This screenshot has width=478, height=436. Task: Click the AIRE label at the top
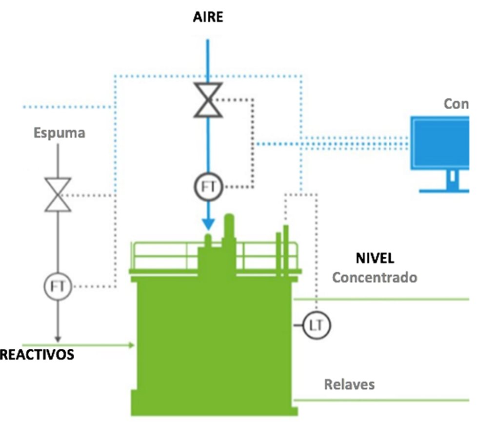click(207, 18)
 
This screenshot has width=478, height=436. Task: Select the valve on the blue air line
click(208, 100)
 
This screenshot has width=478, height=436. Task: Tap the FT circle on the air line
click(208, 187)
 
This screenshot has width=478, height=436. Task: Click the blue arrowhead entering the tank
click(208, 224)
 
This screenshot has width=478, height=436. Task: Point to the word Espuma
click(60, 133)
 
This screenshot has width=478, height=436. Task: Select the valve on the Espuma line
click(58, 195)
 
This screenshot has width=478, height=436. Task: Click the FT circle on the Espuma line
click(58, 285)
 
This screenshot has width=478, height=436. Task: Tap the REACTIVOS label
click(37, 355)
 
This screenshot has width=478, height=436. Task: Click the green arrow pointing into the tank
click(130, 345)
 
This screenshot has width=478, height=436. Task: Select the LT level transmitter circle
click(317, 325)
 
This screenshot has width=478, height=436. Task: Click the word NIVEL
click(375, 258)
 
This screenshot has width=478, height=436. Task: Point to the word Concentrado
click(375, 277)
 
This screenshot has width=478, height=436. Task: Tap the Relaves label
click(349, 384)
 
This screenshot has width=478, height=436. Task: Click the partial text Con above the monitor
click(456, 104)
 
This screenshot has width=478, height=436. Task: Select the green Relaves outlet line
click(380, 400)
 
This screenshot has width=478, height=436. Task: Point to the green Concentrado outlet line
click(380, 299)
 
